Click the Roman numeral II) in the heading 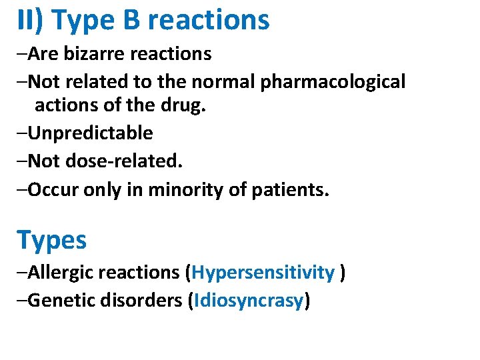[29, 21]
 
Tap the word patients [290, 191]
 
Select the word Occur [53, 191]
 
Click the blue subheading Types [51, 240]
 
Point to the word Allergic [61, 273]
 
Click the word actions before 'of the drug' [65, 105]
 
